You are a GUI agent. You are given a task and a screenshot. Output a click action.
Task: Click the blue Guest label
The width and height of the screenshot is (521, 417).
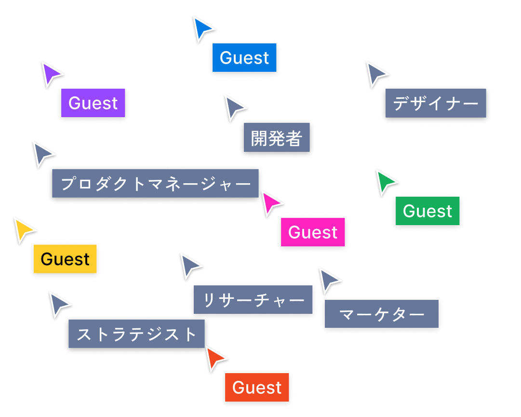[244, 58]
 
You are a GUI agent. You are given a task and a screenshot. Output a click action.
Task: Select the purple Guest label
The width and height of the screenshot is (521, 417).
[93, 103]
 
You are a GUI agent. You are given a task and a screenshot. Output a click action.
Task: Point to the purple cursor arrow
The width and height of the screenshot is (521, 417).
[51, 75]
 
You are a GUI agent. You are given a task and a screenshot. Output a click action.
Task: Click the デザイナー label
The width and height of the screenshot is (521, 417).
[436, 103]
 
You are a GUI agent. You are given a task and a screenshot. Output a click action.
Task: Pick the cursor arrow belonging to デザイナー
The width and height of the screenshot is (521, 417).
[375, 74]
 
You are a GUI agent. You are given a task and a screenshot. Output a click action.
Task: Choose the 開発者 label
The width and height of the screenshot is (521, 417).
[277, 138]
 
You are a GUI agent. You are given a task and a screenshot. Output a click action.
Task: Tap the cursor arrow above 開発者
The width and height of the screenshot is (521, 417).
[234, 108]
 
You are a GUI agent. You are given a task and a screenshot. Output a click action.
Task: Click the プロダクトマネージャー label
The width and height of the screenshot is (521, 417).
[155, 184]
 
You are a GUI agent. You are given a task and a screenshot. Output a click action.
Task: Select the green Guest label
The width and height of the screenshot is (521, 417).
[427, 211]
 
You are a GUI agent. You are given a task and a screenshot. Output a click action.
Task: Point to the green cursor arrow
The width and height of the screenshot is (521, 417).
[385, 182]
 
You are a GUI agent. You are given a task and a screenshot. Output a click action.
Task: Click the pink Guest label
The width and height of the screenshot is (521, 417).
[313, 232]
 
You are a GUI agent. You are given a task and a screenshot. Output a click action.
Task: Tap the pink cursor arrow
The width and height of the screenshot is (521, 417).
[270, 203]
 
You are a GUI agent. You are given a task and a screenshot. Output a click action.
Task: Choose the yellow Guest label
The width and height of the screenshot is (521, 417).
[65, 259]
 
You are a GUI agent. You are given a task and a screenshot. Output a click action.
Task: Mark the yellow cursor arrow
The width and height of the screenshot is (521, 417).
[23, 230]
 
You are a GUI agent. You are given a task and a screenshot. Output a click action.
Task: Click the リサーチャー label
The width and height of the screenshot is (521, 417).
[253, 300]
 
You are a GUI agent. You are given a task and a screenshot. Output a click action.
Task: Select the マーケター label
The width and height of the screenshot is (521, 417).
[382, 314]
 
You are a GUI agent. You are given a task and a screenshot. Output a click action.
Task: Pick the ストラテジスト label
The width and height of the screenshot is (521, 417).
[137, 334]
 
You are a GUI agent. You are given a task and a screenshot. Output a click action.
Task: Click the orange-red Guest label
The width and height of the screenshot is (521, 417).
[257, 388]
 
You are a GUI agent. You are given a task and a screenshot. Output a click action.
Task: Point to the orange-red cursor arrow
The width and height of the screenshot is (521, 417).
[214, 358]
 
